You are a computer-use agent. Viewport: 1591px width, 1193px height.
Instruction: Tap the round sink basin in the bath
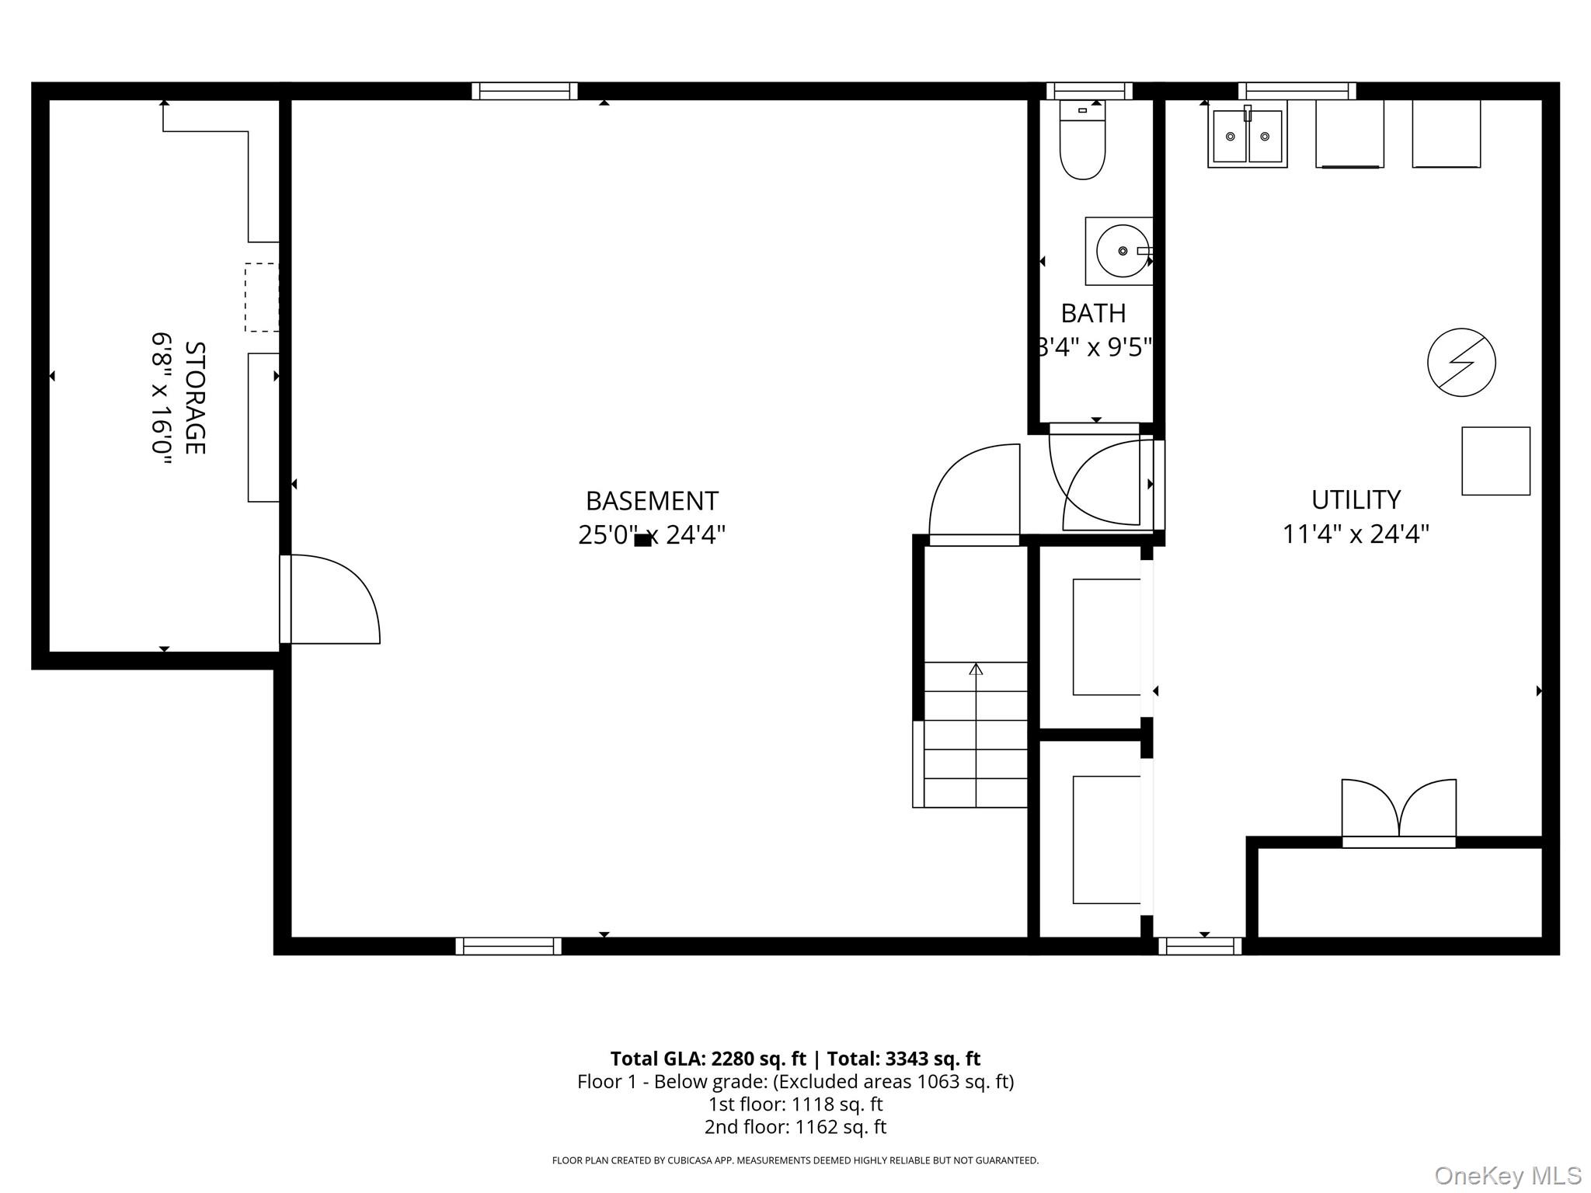tap(1122, 251)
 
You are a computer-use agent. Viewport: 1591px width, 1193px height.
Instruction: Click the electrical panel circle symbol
tap(1461, 363)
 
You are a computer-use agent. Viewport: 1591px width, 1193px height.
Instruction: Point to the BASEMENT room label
tap(652, 501)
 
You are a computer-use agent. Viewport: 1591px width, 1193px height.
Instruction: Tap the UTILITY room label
tap(1356, 499)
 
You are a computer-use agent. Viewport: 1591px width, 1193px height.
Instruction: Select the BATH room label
tap(1093, 313)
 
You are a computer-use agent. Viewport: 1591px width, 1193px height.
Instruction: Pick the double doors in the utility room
tap(1398, 812)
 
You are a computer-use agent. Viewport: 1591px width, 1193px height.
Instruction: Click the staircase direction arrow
tap(976, 669)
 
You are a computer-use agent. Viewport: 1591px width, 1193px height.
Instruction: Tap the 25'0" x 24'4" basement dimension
tap(652, 535)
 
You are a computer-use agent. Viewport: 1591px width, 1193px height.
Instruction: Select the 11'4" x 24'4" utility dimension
tap(1356, 534)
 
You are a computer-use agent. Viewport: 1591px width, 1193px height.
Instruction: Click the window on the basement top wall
tap(524, 91)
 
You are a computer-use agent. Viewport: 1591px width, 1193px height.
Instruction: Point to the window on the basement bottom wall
tap(508, 945)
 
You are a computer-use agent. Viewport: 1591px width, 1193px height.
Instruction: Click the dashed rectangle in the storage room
tap(262, 297)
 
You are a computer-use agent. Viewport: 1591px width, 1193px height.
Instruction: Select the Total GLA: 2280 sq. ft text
tap(708, 1059)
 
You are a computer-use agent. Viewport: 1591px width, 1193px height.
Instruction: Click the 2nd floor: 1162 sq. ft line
tap(795, 1126)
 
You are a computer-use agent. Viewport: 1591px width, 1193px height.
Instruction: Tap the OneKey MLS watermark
tap(1506, 1176)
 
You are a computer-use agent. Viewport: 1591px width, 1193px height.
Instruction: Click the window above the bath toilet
tap(1089, 91)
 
